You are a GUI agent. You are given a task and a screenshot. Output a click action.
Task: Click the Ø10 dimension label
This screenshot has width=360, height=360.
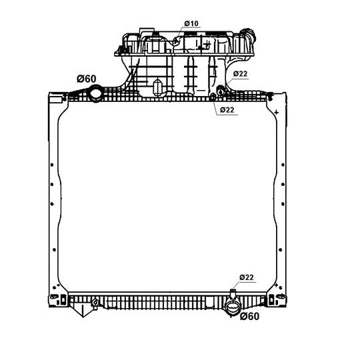point(191,23)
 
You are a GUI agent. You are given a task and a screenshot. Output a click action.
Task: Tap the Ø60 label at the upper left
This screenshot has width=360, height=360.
point(86,79)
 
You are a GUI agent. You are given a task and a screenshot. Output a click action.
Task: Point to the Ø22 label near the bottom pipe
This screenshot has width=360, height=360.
point(246,277)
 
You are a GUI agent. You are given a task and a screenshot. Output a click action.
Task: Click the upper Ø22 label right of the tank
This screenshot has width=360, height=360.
point(241,73)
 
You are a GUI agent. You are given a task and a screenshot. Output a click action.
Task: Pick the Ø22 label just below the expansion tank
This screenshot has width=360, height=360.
point(227,110)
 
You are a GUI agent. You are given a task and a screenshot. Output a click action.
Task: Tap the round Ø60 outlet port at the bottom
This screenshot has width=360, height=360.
point(233,309)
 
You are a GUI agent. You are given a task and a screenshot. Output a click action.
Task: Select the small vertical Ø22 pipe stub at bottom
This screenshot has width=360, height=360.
point(233,294)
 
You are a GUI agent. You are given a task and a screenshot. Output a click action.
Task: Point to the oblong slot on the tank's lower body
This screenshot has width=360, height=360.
point(157,88)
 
